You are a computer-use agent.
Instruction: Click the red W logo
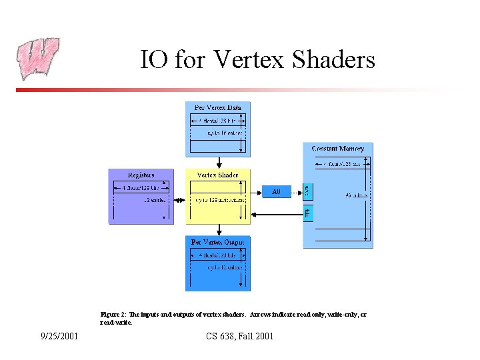38,59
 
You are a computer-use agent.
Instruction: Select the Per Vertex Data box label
218,107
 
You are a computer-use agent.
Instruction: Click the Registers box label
141,175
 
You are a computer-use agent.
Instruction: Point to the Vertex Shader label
217,175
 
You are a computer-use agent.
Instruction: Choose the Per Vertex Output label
218,242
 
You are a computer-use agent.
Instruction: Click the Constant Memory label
337,148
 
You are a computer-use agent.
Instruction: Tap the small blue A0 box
277,192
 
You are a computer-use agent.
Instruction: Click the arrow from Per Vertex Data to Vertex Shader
218,162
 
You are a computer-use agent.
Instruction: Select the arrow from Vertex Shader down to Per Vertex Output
218,229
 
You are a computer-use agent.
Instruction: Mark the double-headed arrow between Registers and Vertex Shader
179,199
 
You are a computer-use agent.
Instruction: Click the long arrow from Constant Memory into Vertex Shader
277,215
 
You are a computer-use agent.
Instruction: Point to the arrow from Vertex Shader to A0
257,192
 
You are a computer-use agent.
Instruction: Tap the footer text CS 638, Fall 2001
240,336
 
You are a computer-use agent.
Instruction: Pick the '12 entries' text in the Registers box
154,199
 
